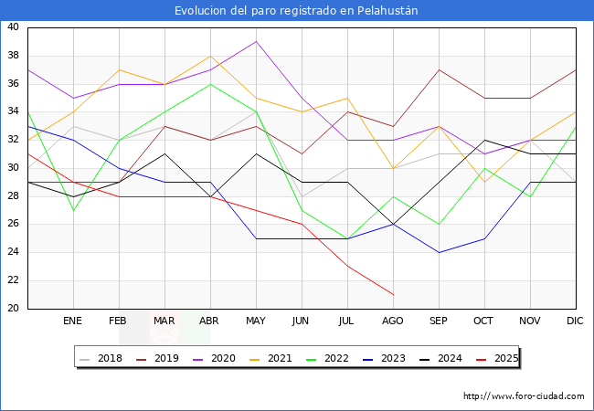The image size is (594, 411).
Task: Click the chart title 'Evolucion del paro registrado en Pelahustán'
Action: click(297, 11)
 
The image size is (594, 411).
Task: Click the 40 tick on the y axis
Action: click(13, 27)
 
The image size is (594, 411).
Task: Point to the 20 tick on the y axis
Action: click(13, 309)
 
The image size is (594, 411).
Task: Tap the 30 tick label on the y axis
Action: click(13, 168)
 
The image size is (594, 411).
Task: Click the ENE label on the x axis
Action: click(73, 321)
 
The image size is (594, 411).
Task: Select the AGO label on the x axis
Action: click(393, 321)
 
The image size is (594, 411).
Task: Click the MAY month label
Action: click(256, 321)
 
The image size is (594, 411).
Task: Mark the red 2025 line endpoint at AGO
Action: click(393, 294)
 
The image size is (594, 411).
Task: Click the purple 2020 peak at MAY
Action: click(256, 41)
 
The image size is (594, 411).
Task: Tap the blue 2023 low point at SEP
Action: click(439, 252)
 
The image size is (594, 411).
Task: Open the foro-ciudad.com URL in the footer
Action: click(524, 396)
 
